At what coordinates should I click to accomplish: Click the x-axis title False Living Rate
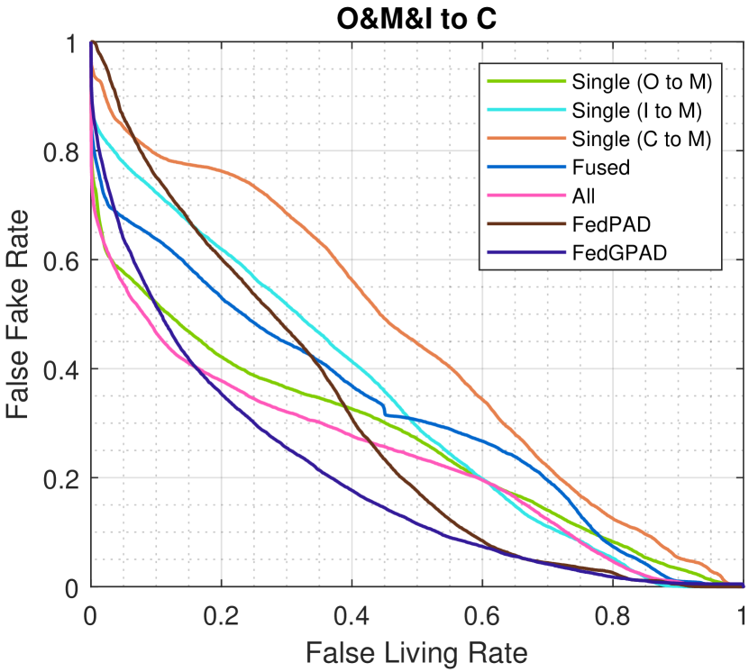pyautogui.click(x=416, y=649)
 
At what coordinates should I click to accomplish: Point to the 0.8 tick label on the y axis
pyautogui.click(x=61, y=151)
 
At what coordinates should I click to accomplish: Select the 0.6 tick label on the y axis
pyautogui.click(x=61, y=260)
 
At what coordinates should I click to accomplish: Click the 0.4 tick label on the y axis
pyautogui.click(x=61, y=369)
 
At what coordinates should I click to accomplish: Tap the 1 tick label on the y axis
pyautogui.click(x=72, y=42)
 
